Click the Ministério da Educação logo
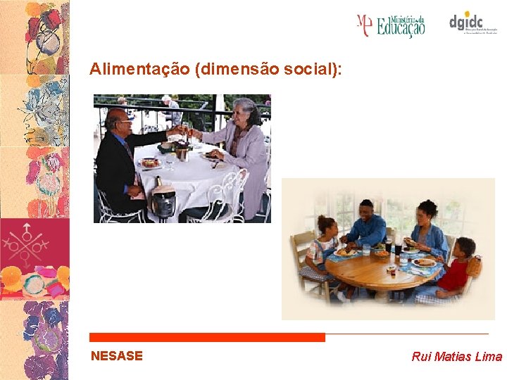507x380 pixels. tap(391, 25)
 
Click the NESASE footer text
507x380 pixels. tap(117, 356)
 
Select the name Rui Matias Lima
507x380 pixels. tap(456, 357)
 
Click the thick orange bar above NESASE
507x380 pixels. tap(208, 338)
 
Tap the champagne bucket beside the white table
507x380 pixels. tap(163, 200)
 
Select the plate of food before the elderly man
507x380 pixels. tap(151, 163)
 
